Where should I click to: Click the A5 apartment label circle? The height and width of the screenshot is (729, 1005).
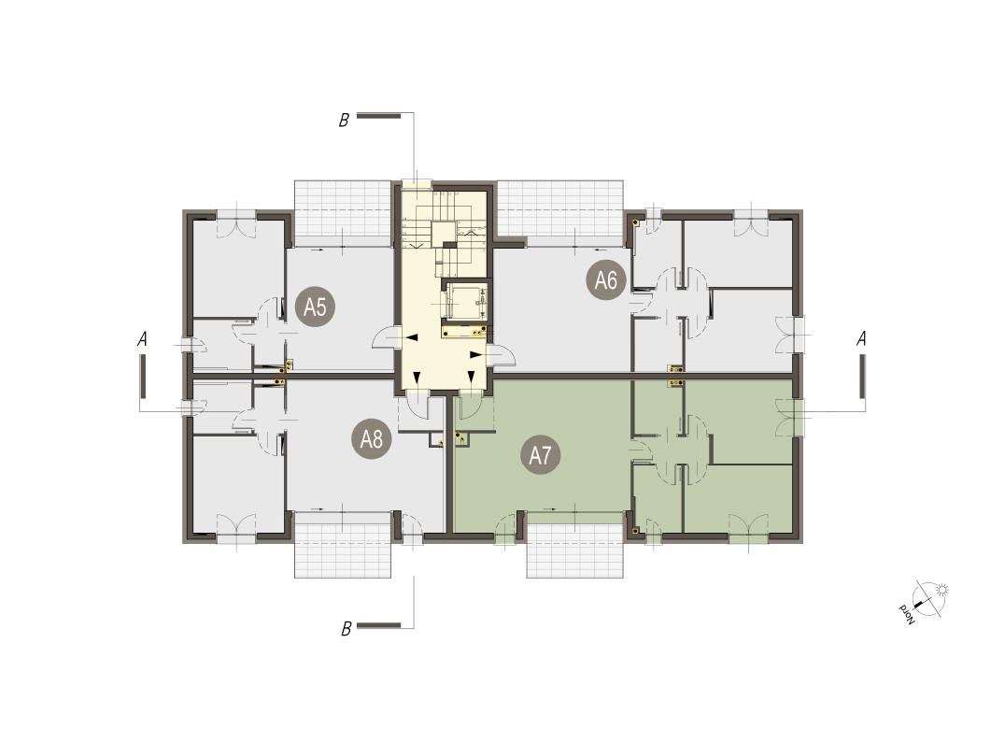click(315, 307)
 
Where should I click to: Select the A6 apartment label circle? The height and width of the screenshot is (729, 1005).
click(605, 280)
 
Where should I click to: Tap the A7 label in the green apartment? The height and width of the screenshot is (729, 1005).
click(540, 455)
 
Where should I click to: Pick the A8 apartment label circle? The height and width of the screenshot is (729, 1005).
click(371, 439)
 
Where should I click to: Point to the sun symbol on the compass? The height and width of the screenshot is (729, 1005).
click(941, 591)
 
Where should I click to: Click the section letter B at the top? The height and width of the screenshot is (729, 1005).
click(345, 120)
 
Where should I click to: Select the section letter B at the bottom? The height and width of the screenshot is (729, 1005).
click(347, 629)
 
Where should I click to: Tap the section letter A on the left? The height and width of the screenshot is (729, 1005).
click(142, 338)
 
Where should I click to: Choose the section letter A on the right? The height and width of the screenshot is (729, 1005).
click(861, 338)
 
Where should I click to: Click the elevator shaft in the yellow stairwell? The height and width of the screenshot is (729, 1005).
click(465, 301)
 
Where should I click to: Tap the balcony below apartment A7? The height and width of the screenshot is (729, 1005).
click(575, 550)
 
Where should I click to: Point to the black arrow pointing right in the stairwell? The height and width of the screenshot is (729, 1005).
click(474, 354)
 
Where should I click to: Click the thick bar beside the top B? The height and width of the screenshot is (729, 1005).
click(379, 115)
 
